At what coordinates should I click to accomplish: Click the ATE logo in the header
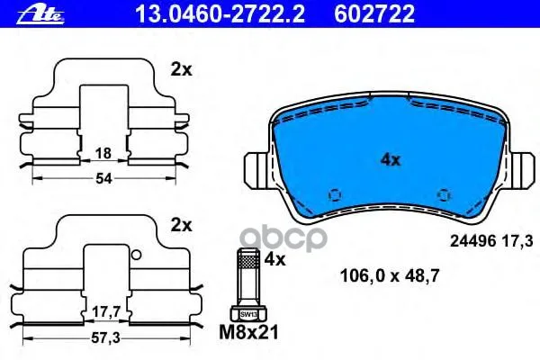[40, 14]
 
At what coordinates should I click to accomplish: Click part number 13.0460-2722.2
[220, 14]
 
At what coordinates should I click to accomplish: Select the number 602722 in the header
[374, 14]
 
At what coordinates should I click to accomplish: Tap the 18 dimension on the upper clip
[103, 153]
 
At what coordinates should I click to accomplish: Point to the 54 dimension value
[103, 178]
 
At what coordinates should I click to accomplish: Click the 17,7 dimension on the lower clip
[106, 312]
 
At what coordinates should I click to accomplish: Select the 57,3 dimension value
[105, 338]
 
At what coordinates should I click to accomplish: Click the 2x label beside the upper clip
[182, 70]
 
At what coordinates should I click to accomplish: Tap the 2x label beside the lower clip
[182, 226]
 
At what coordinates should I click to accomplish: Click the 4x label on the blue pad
[391, 160]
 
